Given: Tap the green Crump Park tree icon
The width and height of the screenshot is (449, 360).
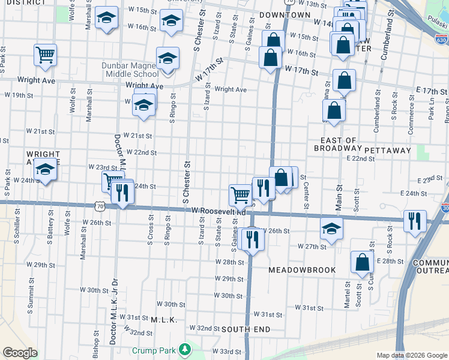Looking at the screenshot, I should point(186,349).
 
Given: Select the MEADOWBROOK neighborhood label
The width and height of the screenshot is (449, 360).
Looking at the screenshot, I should point(302,270).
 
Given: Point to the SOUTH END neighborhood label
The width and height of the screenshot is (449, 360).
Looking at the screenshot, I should point(246,329).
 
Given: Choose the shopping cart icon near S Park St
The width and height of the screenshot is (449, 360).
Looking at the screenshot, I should point(45,55).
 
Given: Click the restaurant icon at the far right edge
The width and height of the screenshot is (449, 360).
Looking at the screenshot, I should point(414,221).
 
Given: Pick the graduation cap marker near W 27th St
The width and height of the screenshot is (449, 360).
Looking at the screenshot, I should point(331,228).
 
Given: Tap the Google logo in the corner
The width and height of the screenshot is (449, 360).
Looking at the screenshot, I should point(20,353).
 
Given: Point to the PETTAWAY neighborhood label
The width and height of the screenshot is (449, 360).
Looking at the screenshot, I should point(387,150).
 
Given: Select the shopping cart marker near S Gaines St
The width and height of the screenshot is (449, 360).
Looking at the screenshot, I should point(240,194).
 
